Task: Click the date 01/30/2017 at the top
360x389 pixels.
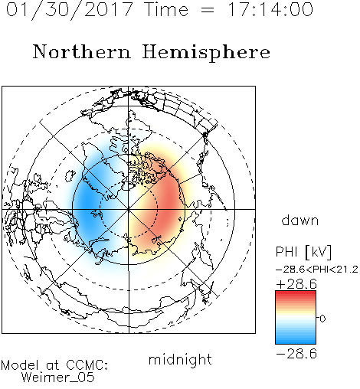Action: click(70, 10)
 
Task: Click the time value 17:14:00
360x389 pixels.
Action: click(270, 9)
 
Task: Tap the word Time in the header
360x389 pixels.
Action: click(166, 9)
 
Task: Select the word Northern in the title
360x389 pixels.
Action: click(82, 51)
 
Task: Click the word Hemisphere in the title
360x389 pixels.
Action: click(206, 53)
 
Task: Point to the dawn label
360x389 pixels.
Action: click(300, 221)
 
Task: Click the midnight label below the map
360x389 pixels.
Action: click(180, 361)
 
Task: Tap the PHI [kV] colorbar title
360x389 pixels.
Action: click(303, 252)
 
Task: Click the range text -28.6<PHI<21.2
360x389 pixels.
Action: click(316, 270)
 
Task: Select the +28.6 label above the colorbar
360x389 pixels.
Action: click(296, 284)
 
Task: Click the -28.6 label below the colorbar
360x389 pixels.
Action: click(296, 354)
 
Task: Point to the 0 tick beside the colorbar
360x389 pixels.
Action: click(322, 319)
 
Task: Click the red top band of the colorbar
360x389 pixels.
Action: click(296, 293)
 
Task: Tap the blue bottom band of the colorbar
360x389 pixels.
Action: click(296, 341)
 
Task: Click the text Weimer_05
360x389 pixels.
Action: click(58, 378)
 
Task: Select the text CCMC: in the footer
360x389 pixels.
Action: click(87, 365)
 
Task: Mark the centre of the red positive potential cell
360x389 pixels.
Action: click(167, 204)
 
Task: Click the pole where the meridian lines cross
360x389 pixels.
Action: click(129, 209)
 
